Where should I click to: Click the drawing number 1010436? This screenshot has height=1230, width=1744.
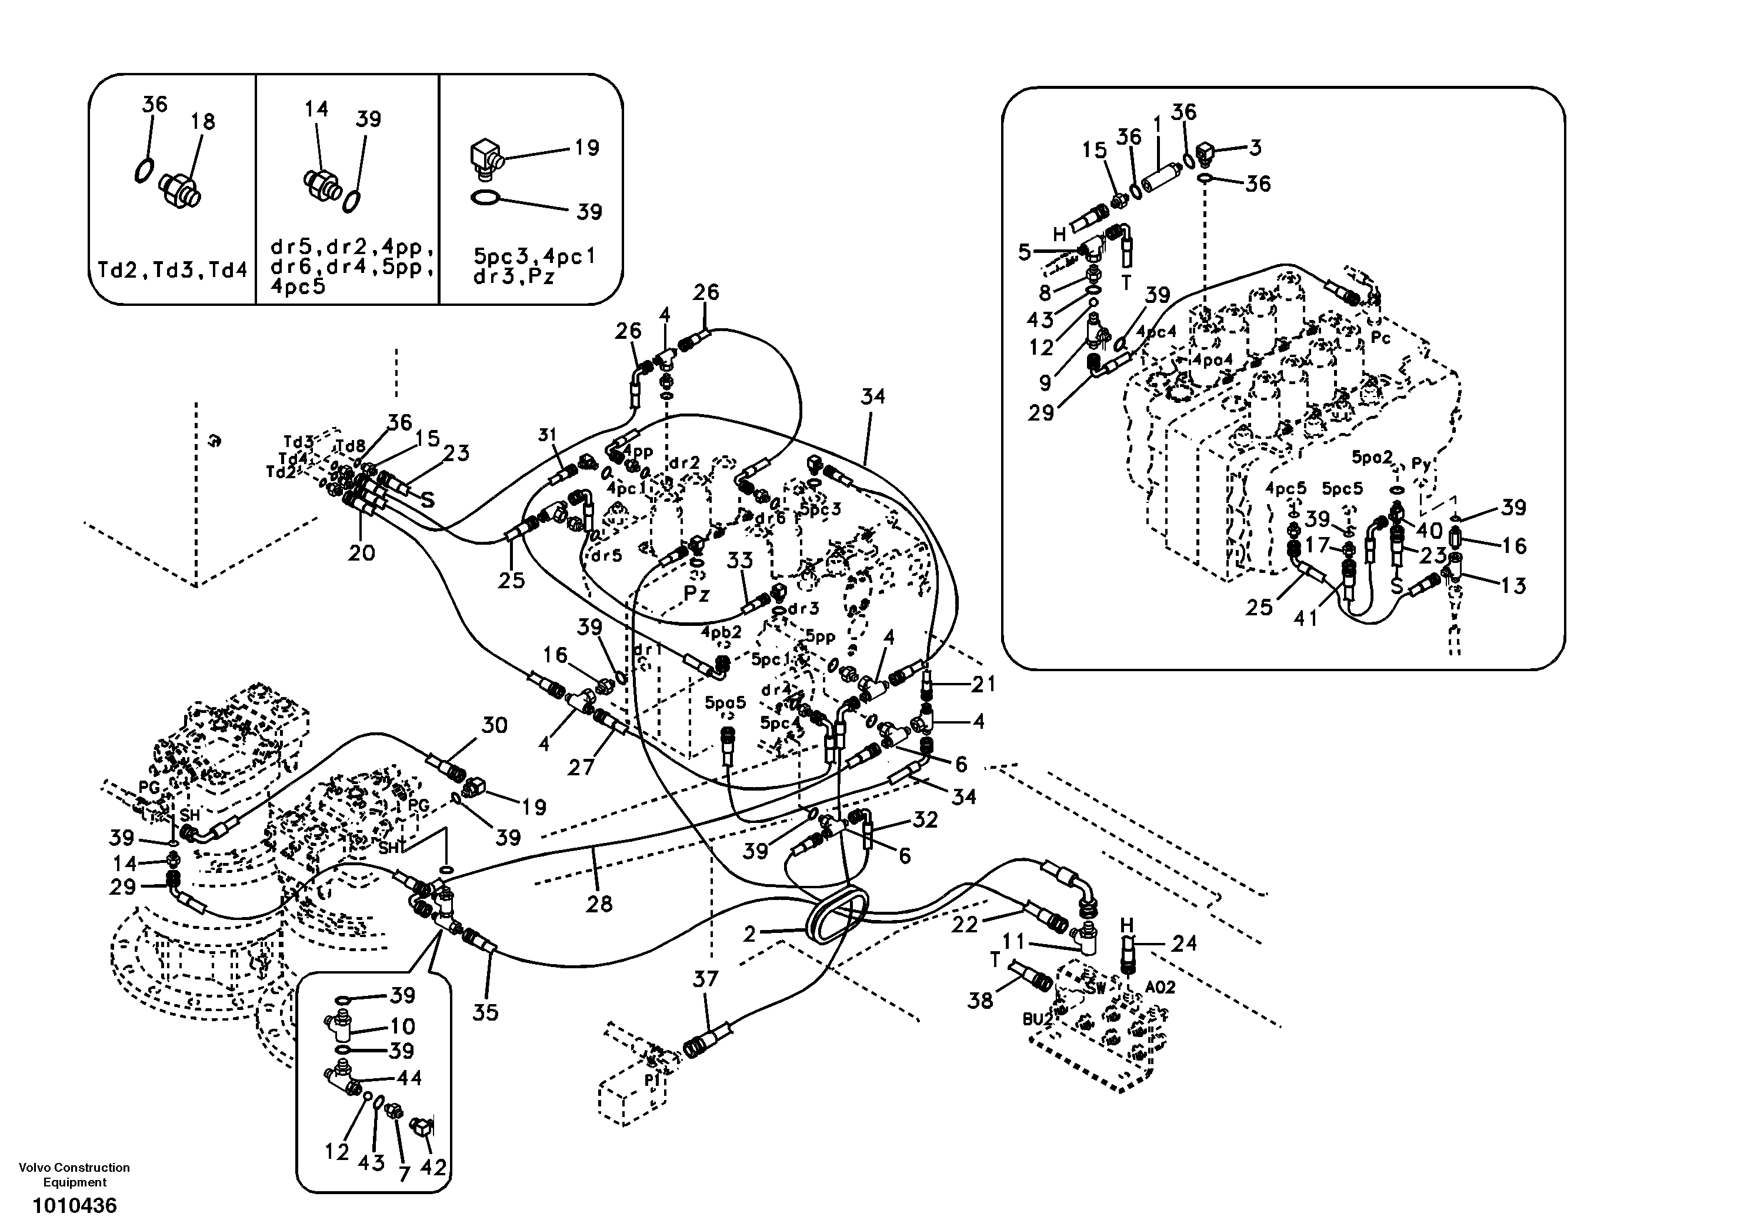[75, 1206]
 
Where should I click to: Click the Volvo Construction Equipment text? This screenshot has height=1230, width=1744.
[75, 1175]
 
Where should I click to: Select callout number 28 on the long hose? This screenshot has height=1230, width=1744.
[599, 904]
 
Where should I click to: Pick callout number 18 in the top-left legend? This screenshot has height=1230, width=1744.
[203, 122]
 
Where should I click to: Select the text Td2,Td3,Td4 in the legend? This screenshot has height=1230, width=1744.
[172, 271]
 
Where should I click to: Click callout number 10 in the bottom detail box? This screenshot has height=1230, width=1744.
[402, 1026]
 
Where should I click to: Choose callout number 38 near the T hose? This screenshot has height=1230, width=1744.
[980, 1001]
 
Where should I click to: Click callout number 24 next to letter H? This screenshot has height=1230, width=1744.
[1183, 944]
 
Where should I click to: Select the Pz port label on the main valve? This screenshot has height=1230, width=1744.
[696, 595]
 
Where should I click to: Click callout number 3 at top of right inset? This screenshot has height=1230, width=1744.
[1256, 148]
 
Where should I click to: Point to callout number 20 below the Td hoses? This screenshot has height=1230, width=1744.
[362, 553]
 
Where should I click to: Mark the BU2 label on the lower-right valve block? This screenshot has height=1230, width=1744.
[1038, 1019]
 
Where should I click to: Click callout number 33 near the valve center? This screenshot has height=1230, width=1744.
[739, 561]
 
